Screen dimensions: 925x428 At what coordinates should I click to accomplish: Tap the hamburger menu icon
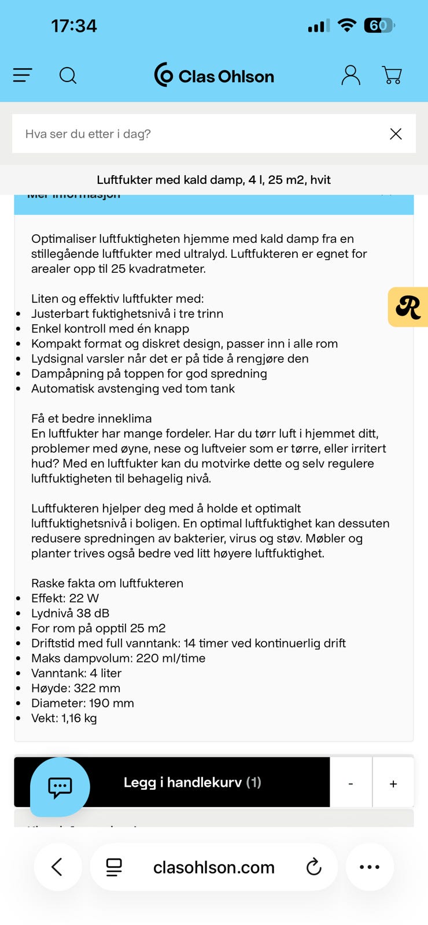point(23,75)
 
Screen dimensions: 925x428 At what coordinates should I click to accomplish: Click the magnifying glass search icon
point(68,75)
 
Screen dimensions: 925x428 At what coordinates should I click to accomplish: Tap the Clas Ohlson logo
point(214,75)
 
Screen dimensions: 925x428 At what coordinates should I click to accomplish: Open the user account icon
point(350,75)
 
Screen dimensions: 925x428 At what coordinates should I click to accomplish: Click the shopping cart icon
point(392,75)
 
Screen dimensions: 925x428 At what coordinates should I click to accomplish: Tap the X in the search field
point(396,134)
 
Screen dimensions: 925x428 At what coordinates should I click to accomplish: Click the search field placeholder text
point(88,134)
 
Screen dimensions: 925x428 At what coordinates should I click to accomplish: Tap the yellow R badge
point(408,307)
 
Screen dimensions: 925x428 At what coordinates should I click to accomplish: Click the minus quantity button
point(350,783)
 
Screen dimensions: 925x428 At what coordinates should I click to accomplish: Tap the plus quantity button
point(393,783)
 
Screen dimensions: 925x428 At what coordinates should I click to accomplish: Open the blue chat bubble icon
point(60,787)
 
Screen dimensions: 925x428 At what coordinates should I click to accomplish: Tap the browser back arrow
point(57,867)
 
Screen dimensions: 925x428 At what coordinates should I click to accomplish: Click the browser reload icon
point(313,867)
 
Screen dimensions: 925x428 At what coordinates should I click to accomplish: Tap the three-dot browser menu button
point(370,867)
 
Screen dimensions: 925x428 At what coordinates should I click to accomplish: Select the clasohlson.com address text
point(213,867)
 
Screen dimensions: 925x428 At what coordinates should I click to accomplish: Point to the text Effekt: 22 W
point(65,598)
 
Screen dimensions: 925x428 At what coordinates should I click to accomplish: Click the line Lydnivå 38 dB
point(70,613)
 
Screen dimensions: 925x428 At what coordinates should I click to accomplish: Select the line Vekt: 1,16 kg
point(64,719)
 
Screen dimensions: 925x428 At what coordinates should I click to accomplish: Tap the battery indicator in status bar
point(379,25)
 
